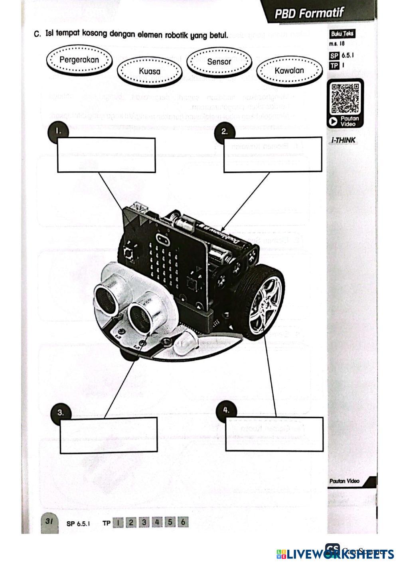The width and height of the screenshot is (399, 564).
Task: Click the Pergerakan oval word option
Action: coord(79,60)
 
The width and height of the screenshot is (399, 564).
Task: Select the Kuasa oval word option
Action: coord(150,71)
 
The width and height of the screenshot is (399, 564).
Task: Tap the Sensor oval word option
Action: coord(219,62)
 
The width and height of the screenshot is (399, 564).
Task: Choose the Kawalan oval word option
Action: coord(289,71)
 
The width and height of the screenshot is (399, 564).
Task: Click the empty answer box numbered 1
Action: coord(107,155)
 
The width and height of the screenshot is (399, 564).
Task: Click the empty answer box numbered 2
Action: coord(273,155)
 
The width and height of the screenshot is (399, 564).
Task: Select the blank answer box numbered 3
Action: coord(109,435)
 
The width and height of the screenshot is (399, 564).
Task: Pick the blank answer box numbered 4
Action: coord(275,434)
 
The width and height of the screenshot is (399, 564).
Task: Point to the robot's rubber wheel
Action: coord(265,304)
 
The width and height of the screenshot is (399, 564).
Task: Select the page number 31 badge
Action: coord(50,521)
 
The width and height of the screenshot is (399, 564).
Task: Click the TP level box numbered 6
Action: coord(183,522)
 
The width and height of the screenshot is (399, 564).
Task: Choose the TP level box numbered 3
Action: coord(144,522)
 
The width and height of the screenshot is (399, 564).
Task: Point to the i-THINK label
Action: coord(343,140)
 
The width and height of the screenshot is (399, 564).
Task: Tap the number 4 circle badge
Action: coord(226,410)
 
